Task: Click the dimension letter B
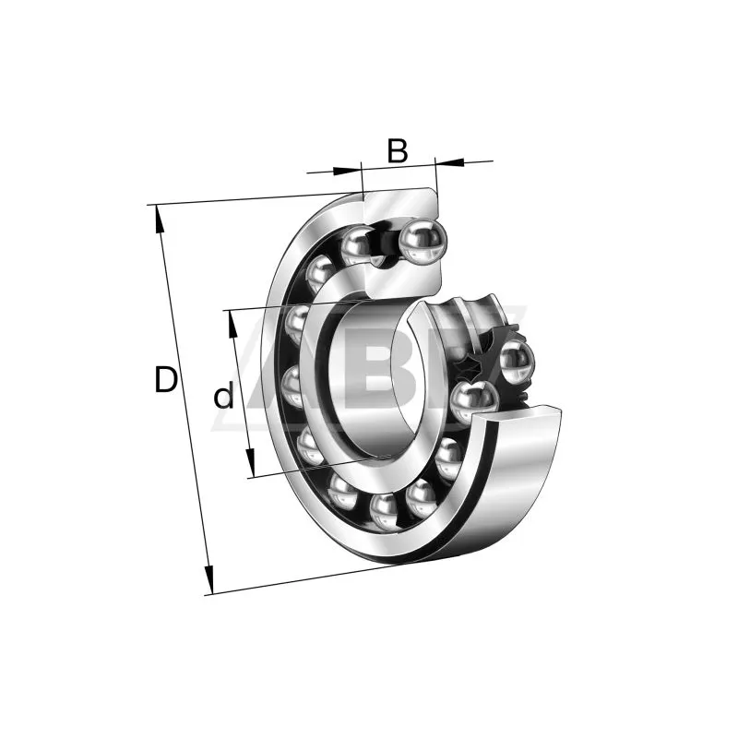(398, 150)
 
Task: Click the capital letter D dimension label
(166, 379)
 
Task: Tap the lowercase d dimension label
(223, 397)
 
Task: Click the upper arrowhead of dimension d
(232, 324)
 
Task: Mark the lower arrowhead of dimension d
(250, 462)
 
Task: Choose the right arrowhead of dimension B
(450, 162)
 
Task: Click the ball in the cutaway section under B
(423, 242)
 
